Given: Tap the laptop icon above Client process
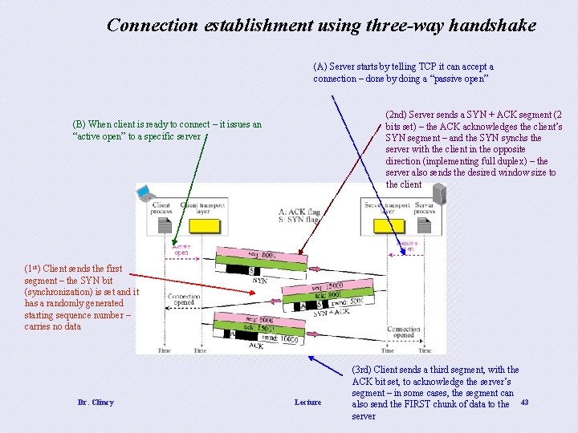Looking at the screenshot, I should (x=146, y=192).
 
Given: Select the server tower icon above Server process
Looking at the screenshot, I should (x=438, y=193).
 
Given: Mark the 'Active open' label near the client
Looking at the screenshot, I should (x=181, y=249).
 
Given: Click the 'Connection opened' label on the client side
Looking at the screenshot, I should (x=184, y=299).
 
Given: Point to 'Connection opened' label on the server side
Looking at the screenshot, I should (x=403, y=332).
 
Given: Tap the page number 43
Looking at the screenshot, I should (x=525, y=401).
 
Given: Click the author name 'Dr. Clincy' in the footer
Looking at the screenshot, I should (x=96, y=402).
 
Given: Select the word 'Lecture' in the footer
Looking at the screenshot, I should (x=307, y=402).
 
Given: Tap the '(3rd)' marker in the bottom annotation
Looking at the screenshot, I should (x=363, y=370).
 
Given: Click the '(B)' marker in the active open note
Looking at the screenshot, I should (x=79, y=124).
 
